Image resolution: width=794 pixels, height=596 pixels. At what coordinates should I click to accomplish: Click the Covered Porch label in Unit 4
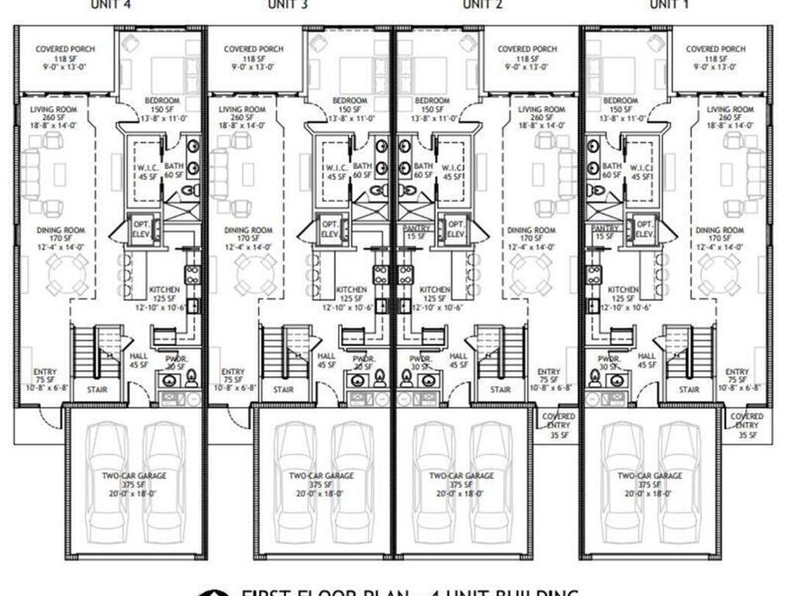point(65,49)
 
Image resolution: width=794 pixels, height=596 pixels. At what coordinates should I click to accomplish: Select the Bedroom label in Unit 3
point(350,101)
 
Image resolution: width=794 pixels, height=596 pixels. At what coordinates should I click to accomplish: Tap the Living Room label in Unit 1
point(730,110)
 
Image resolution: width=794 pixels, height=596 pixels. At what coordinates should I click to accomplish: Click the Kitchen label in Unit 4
point(164,289)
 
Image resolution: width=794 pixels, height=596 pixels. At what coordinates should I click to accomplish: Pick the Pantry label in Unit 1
point(604,229)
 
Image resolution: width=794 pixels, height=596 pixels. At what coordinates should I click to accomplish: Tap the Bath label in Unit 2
point(423,166)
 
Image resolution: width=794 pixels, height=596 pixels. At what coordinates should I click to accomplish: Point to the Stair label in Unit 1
point(689,390)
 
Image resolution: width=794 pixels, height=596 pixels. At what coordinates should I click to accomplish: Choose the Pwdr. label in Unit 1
point(609,359)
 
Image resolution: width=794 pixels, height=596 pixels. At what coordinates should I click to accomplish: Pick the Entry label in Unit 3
point(233,372)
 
